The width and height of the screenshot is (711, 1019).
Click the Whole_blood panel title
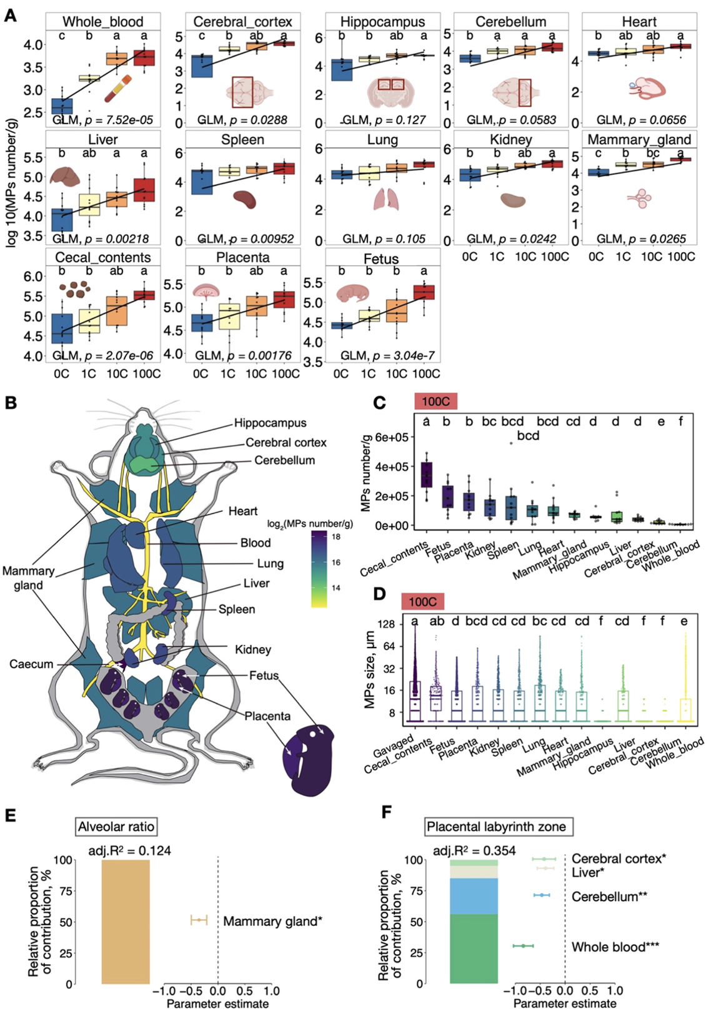(103, 21)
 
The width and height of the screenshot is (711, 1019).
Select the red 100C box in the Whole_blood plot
(144, 58)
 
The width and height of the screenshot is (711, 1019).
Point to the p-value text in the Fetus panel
(387, 355)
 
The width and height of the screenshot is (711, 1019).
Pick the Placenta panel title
(243, 258)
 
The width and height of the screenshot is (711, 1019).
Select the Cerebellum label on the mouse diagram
(284, 460)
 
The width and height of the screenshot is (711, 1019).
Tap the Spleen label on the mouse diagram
(236, 609)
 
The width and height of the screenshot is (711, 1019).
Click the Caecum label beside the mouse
(31, 664)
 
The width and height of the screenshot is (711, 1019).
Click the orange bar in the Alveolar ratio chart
(125, 922)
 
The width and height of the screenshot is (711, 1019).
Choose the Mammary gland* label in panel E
(272, 921)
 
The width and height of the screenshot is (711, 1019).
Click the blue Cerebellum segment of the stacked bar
(474, 897)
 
